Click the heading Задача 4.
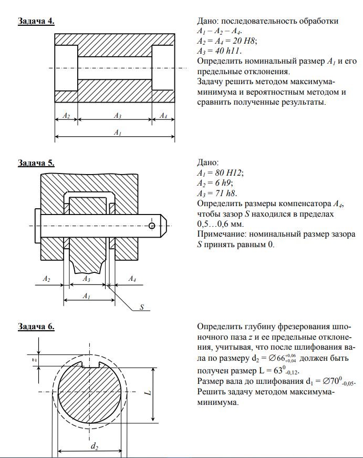click(x=36, y=21)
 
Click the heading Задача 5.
click(x=36, y=162)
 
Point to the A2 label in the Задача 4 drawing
click(x=66, y=116)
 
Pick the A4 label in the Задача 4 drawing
click(x=163, y=116)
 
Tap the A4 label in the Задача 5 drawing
click(x=133, y=279)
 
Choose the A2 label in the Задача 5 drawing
click(x=47, y=279)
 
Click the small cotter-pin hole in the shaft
click(x=152, y=225)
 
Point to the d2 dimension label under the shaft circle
click(x=94, y=446)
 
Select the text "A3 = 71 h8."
click(x=218, y=194)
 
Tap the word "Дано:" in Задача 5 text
click(x=208, y=163)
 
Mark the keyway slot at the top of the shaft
click(x=90, y=364)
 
